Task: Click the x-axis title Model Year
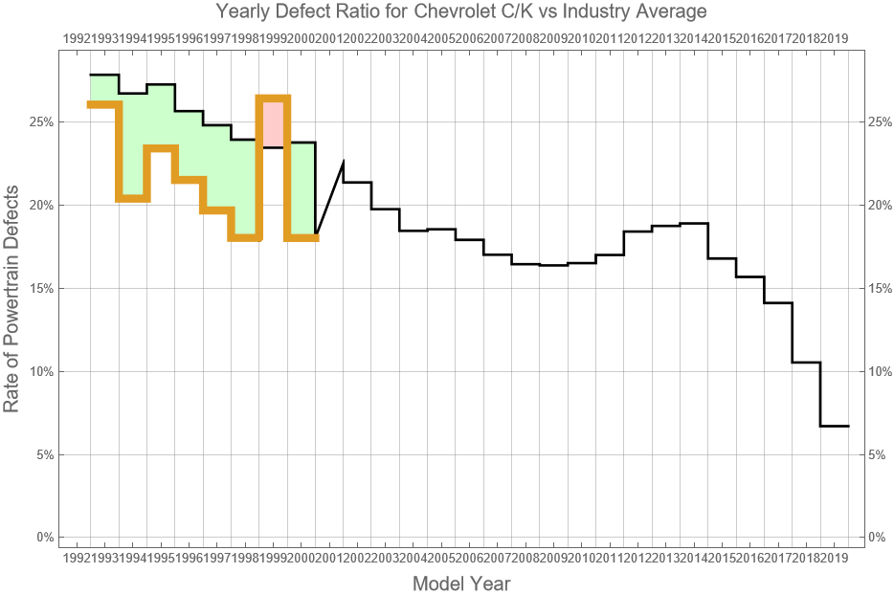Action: click(460, 584)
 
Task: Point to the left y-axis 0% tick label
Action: click(44, 538)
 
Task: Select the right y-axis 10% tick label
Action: click(880, 371)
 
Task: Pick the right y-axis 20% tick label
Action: click(880, 206)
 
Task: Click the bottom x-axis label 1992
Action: click(76, 557)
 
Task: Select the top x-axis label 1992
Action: click(76, 38)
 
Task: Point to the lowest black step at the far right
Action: click(835, 426)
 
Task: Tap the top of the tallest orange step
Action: click(273, 98)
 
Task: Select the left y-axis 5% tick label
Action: click(44, 454)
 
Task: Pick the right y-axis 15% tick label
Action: click(880, 289)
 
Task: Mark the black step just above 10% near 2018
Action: click(806, 363)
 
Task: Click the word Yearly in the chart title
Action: click(242, 12)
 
